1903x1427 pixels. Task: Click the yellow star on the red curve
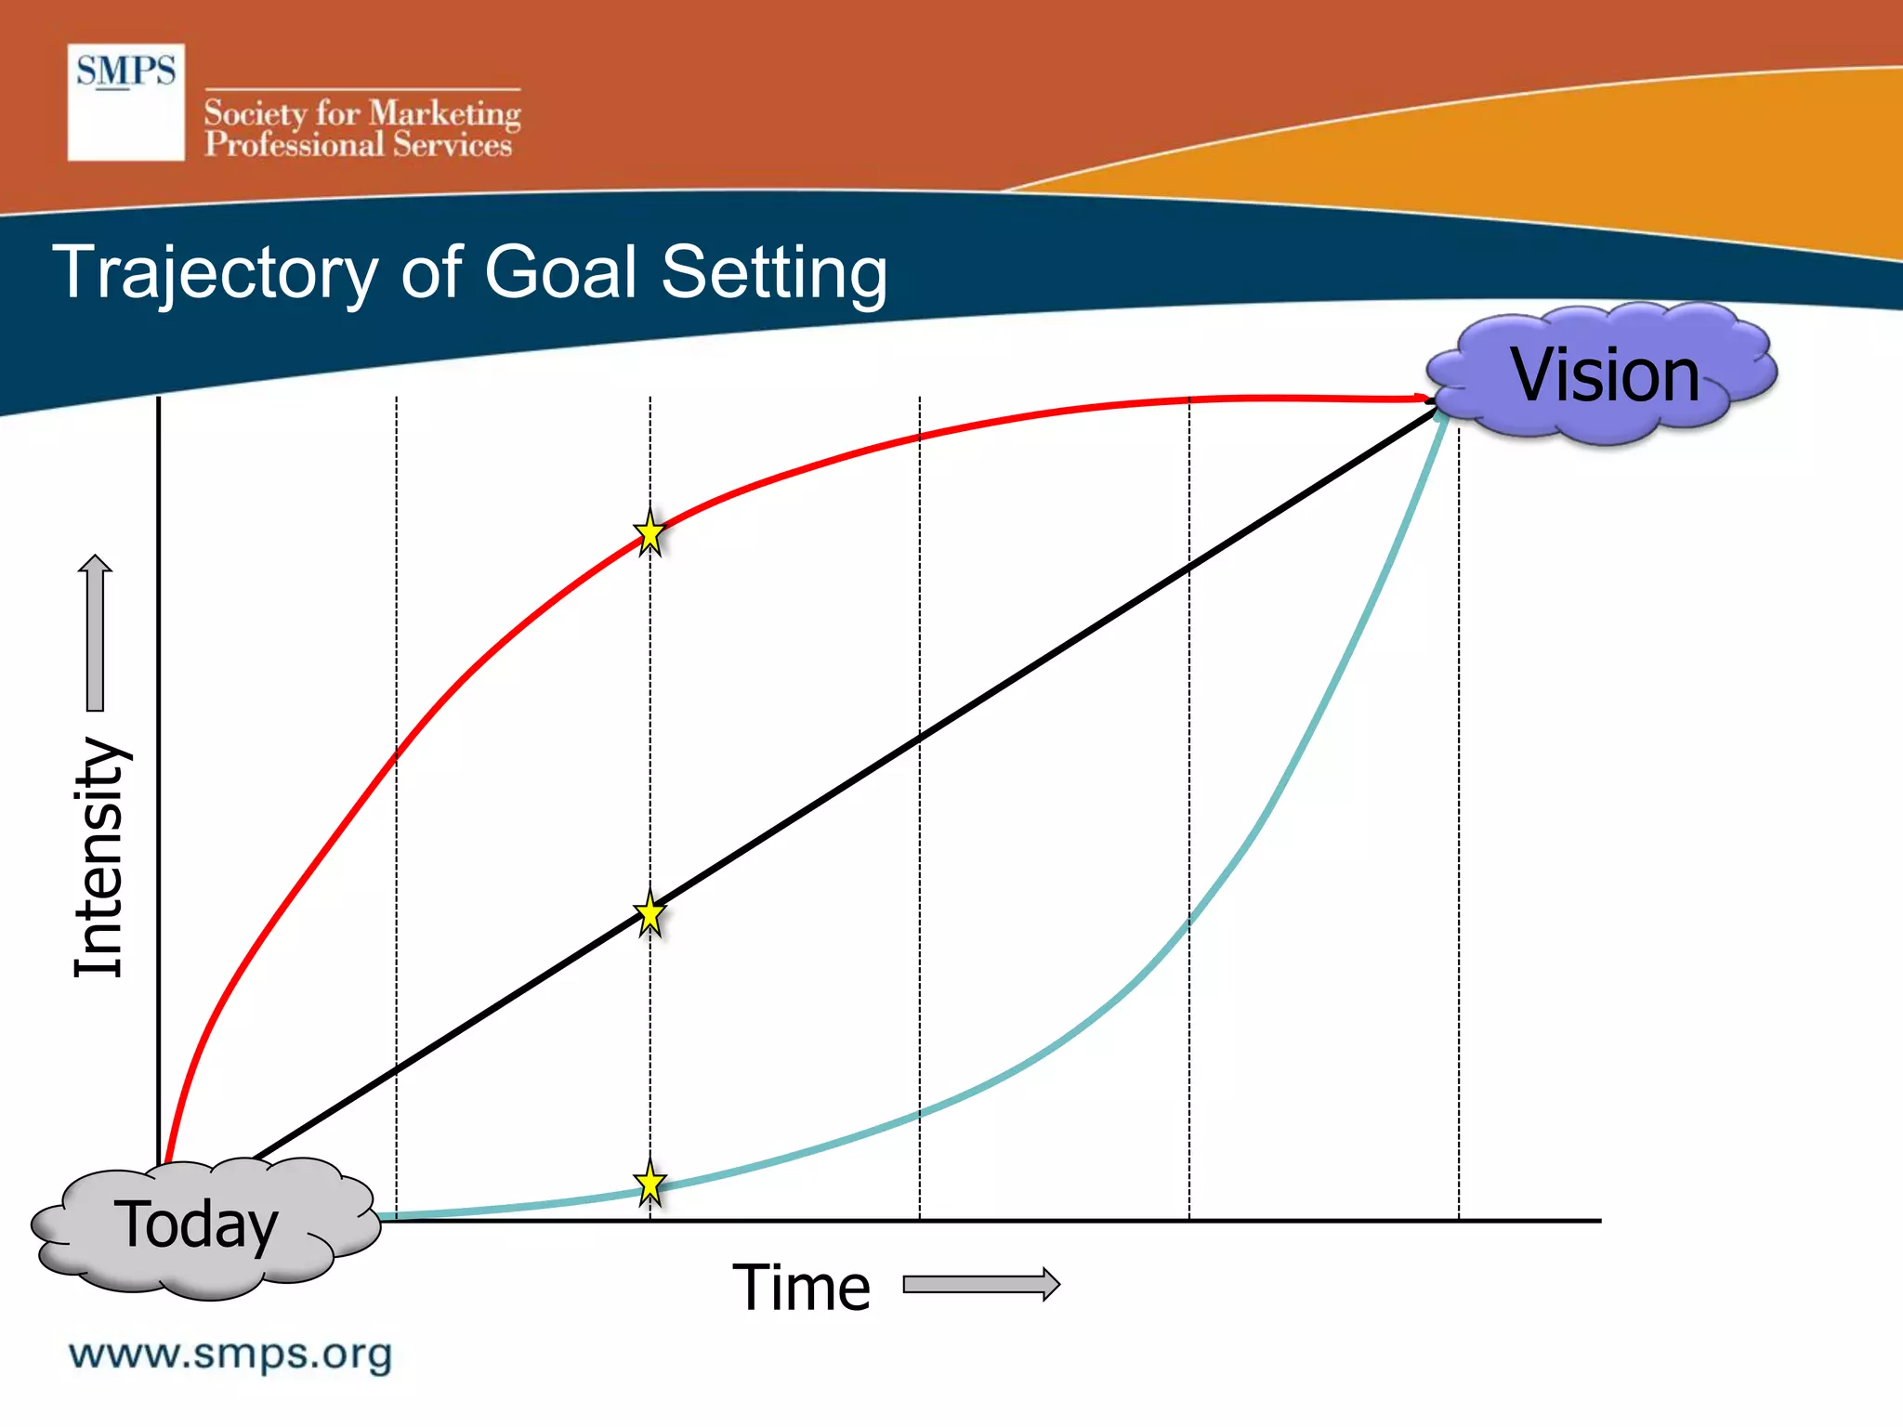click(650, 534)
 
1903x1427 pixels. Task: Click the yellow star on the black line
click(650, 915)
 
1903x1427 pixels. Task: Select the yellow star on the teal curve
click(650, 1185)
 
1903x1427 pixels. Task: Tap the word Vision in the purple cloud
click(1605, 374)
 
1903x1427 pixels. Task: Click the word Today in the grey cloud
click(195, 1224)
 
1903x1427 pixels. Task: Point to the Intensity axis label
click(98, 857)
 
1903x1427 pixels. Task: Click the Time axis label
click(801, 1288)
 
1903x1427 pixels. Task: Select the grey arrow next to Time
click(981, 1284)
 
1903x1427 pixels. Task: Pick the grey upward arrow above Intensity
click(95, 632)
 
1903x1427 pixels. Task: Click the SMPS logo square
click(125, 102)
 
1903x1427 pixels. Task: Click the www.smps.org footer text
click(230, 1354)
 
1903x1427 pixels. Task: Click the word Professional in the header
click(294, 145)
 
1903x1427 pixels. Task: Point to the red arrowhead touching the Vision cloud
click(1422, 399)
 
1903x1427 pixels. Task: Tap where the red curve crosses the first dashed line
click(397, 754)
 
